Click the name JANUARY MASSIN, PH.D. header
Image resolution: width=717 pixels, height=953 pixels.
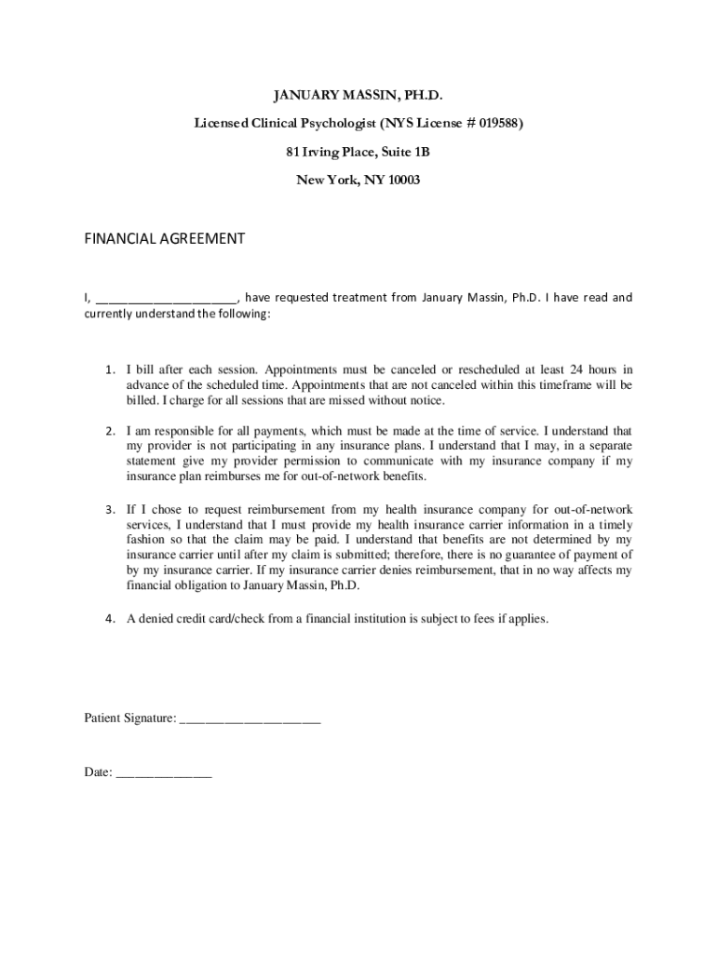click(358, 96)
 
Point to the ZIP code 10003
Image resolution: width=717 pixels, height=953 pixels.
click(403, 180)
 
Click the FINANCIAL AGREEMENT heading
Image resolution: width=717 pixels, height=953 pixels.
click(165, 238)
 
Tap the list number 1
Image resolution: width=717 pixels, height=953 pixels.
click(109, 369)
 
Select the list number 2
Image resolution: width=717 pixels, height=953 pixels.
click(109, 431)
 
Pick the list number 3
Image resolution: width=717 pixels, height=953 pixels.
click(109, 509)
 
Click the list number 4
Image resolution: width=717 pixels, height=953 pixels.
click(109, 617)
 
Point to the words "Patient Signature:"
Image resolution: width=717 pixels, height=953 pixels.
click(129, 718)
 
